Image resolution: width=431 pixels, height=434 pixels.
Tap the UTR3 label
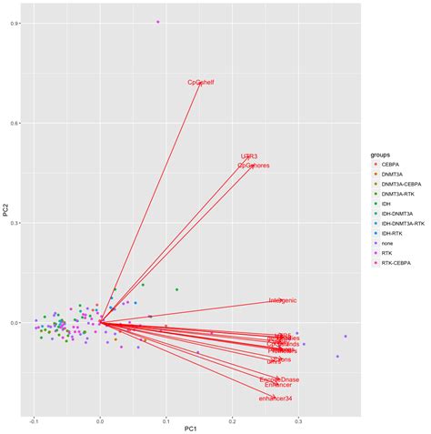[x=249, y=156]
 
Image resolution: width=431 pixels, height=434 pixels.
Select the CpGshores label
[x=253, y=166]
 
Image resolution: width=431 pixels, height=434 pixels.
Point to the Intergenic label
[x=283, y=300]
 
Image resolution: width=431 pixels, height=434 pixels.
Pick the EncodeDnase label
[x=279, y=378]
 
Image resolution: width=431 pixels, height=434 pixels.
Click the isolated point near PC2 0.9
[x=158, y=22]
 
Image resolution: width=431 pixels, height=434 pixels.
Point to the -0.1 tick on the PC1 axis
[x=35, y=421]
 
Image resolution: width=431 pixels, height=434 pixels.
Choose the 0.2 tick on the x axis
[x=232, y=421]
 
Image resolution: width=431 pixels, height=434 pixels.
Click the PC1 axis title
[x=191, y=429]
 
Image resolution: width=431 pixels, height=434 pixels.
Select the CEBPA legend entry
[x=392, y=166]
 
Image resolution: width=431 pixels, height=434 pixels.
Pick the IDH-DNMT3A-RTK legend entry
[x=404, y=222]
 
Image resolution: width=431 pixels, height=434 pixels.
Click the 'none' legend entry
[x=390, y=244]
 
